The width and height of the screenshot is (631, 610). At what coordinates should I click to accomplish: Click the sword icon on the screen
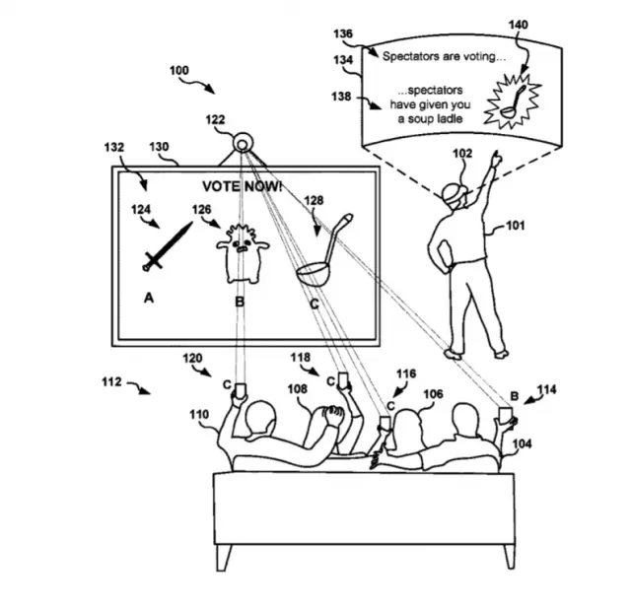tap(168, 245)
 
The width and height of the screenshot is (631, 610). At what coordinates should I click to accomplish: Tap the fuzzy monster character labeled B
tap(243, 253)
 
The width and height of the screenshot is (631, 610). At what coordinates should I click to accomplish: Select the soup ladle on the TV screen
tap(324, 250)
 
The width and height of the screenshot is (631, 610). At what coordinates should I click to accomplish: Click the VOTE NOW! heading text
tap(242, 186)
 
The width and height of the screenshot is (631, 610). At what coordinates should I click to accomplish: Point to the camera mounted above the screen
tap(243, 144)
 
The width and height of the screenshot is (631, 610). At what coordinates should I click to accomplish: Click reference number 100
tap(179, 71)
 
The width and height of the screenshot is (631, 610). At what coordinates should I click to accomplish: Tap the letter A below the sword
tap(149, 298)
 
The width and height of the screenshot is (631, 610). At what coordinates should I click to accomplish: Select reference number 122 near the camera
tap(215, 120)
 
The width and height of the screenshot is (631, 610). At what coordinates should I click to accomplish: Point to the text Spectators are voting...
tap(444, 57)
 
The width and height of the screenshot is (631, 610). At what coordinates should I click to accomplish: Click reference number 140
tap(518, 25)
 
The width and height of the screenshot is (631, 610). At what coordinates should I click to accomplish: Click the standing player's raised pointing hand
tap(497, 159)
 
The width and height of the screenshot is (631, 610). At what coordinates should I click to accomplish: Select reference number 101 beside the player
tap(516, 226)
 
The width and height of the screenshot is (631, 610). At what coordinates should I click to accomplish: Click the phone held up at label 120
tap(241, 390)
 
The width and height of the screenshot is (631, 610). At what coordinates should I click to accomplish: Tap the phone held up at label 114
tap(505, 415)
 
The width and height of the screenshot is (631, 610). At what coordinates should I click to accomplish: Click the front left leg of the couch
tap(224, 558)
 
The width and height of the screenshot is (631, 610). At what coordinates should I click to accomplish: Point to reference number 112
tap(111, 381)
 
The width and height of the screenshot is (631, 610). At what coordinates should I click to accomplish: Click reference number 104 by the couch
tap(522, 443)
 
